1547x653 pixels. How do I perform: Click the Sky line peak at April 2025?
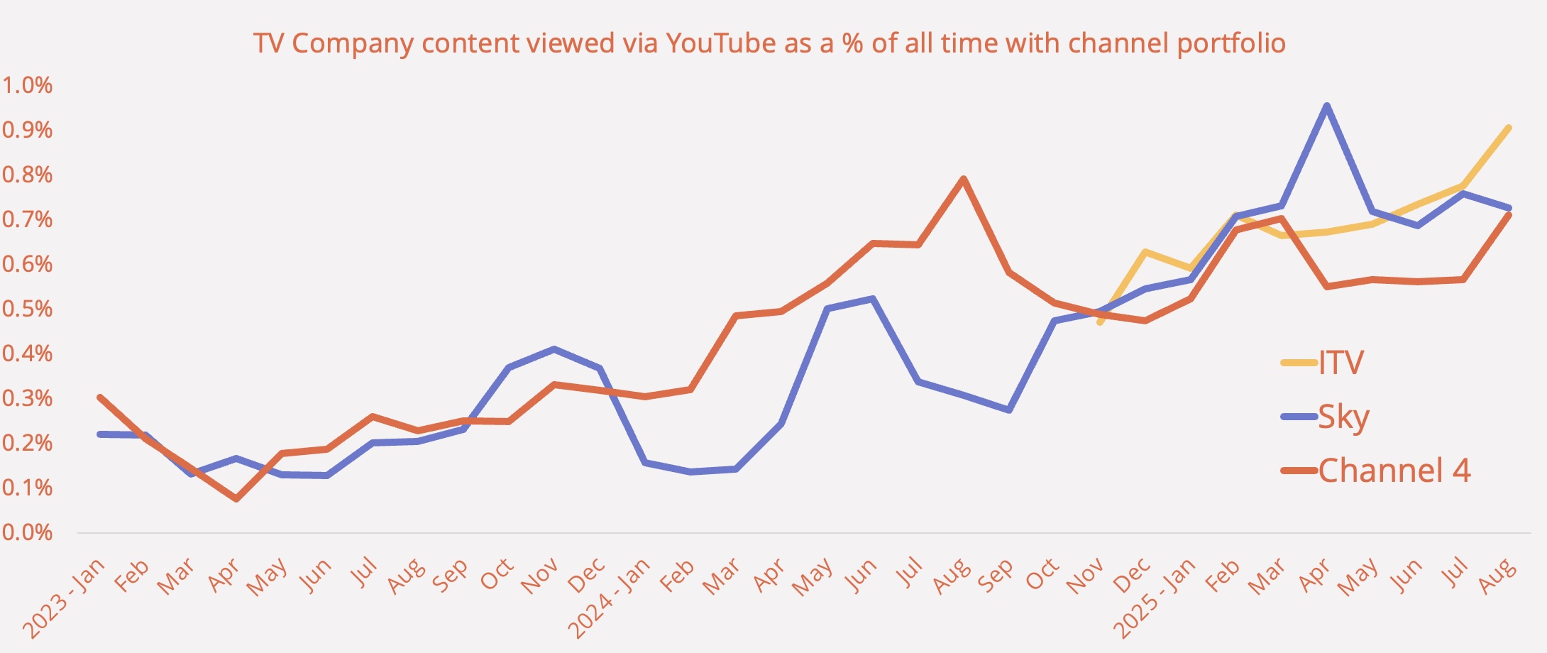coord(1326,106)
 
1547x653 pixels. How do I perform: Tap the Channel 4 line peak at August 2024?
coord(963,179)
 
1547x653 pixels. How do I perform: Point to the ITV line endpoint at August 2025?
coord(1508,128)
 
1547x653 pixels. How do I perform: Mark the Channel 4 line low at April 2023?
coord(236,499)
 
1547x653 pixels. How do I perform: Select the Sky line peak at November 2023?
coord(554,349)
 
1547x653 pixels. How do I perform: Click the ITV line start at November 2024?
coord(1099,323)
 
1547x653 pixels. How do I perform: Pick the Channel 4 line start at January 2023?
coord(100,397)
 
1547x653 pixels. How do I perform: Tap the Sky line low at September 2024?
coord(1008,410)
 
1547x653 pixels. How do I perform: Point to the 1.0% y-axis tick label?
coord(28,85)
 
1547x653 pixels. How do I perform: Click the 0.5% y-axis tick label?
coord(28,309)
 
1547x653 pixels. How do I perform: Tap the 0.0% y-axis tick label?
coord(28,532)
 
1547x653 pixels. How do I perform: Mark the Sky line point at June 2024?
coord(872,298)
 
